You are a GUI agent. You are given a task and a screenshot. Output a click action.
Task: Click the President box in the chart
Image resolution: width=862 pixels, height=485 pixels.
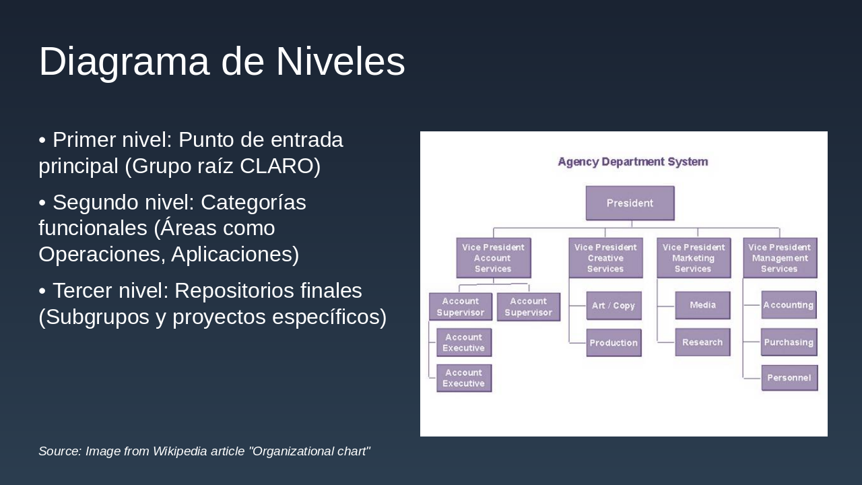[x=630, y=203]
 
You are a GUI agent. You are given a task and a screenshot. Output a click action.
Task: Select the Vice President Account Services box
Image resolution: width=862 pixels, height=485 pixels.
[x=493, y=258]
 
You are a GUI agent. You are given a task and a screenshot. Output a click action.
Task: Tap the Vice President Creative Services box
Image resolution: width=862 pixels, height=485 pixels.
[x=605, y=258]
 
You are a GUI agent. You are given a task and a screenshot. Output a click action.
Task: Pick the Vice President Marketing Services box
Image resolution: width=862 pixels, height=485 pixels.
[x=693, y=258]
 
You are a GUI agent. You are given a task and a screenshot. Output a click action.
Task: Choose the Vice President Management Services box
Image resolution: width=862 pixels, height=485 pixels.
[x=779, y=258]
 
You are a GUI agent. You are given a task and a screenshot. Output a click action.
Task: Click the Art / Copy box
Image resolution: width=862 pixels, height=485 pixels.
[x=614, y=306]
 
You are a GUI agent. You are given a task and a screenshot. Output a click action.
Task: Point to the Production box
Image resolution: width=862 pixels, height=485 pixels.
[x=614, y=343]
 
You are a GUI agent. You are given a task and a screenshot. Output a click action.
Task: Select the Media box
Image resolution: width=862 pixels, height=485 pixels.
[x=702, y=305]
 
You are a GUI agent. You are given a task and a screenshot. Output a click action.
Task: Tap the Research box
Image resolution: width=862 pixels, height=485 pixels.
[x=702, y=342]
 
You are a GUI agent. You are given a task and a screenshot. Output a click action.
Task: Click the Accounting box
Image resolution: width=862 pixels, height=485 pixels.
[x=789, y=305]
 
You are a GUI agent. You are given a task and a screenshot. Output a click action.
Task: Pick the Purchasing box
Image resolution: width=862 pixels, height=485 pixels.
[x=789, y=342]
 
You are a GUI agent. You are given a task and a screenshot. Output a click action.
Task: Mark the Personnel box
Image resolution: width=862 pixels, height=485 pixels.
[x=789, y=378]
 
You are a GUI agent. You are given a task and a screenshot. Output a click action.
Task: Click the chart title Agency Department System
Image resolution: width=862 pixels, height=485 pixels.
[x=632, y=162]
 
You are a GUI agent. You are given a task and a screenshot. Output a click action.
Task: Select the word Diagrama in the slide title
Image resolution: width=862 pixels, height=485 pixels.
[x=124, y=62]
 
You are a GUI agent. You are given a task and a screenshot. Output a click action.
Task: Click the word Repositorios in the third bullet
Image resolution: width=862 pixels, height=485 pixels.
[x=268, y=290]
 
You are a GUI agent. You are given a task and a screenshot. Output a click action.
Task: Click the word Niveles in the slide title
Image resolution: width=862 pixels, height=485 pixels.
[x=340, y=62]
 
